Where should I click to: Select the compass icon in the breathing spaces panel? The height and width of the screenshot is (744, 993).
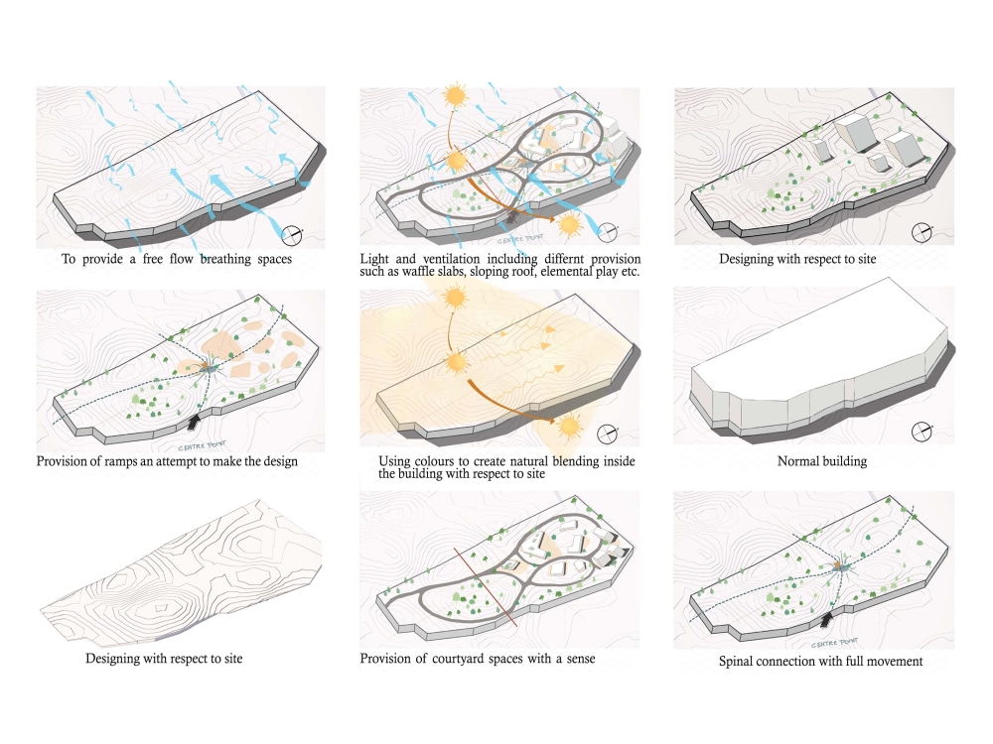pos(292,235)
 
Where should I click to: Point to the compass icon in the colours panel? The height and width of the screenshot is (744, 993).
pos(608,433)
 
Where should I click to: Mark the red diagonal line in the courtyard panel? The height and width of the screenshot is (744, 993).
pos(487,585)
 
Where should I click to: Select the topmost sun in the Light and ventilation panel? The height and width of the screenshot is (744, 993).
pos(455,96)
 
